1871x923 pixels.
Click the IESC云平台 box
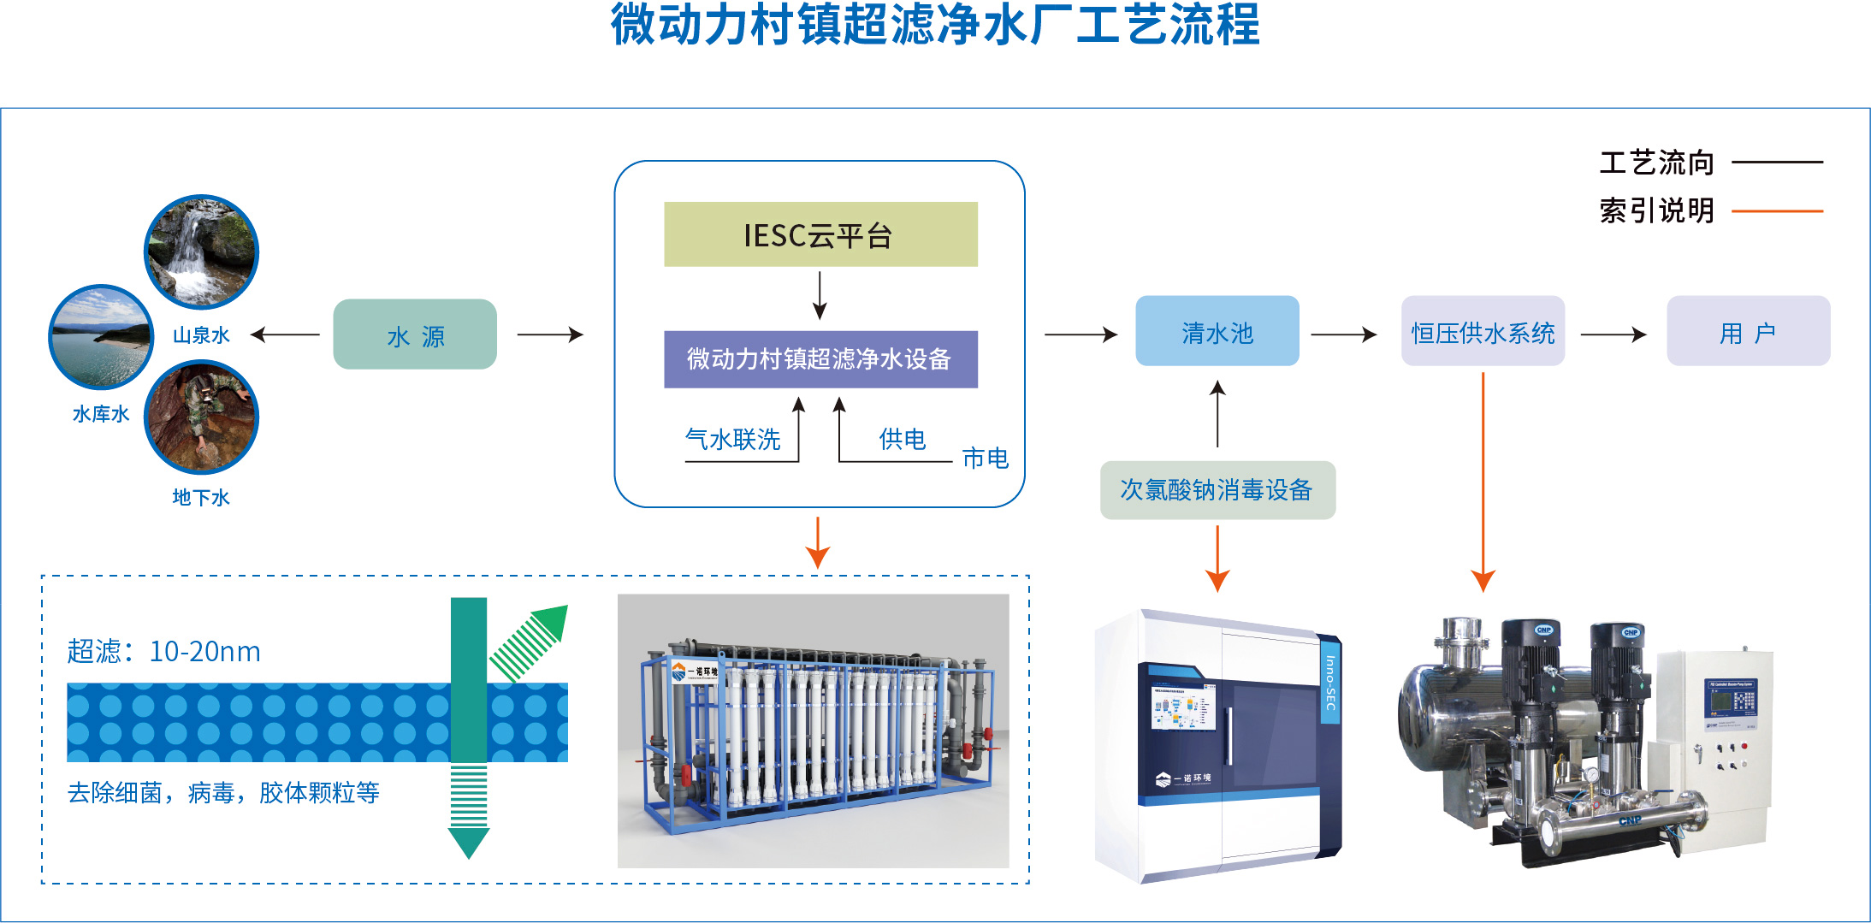[820, 234]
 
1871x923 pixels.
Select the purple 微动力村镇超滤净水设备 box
[820, 359]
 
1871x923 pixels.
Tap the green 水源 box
[415, 334]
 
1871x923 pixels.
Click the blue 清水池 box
[1217, 331]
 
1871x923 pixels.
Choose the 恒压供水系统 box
[1483, 331]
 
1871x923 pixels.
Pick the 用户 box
[1748, 331]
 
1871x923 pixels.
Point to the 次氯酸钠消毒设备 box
[1217, 490]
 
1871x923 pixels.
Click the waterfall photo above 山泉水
[201, 252]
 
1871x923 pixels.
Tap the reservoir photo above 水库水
[101, 337]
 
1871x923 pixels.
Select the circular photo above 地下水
[201, 417]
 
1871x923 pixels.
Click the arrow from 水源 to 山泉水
[285, 334]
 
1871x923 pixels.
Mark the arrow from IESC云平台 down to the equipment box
[820, 296]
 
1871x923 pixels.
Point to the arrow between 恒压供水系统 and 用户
[1613, 334]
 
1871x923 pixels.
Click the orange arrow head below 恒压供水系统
[1483, 581]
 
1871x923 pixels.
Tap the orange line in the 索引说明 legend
[1777, 210]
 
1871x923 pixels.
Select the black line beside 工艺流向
[1777, 162]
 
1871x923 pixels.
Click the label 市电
[985, 459]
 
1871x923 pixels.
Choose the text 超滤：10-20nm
[163, 651]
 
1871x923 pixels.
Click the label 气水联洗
[732, 440]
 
